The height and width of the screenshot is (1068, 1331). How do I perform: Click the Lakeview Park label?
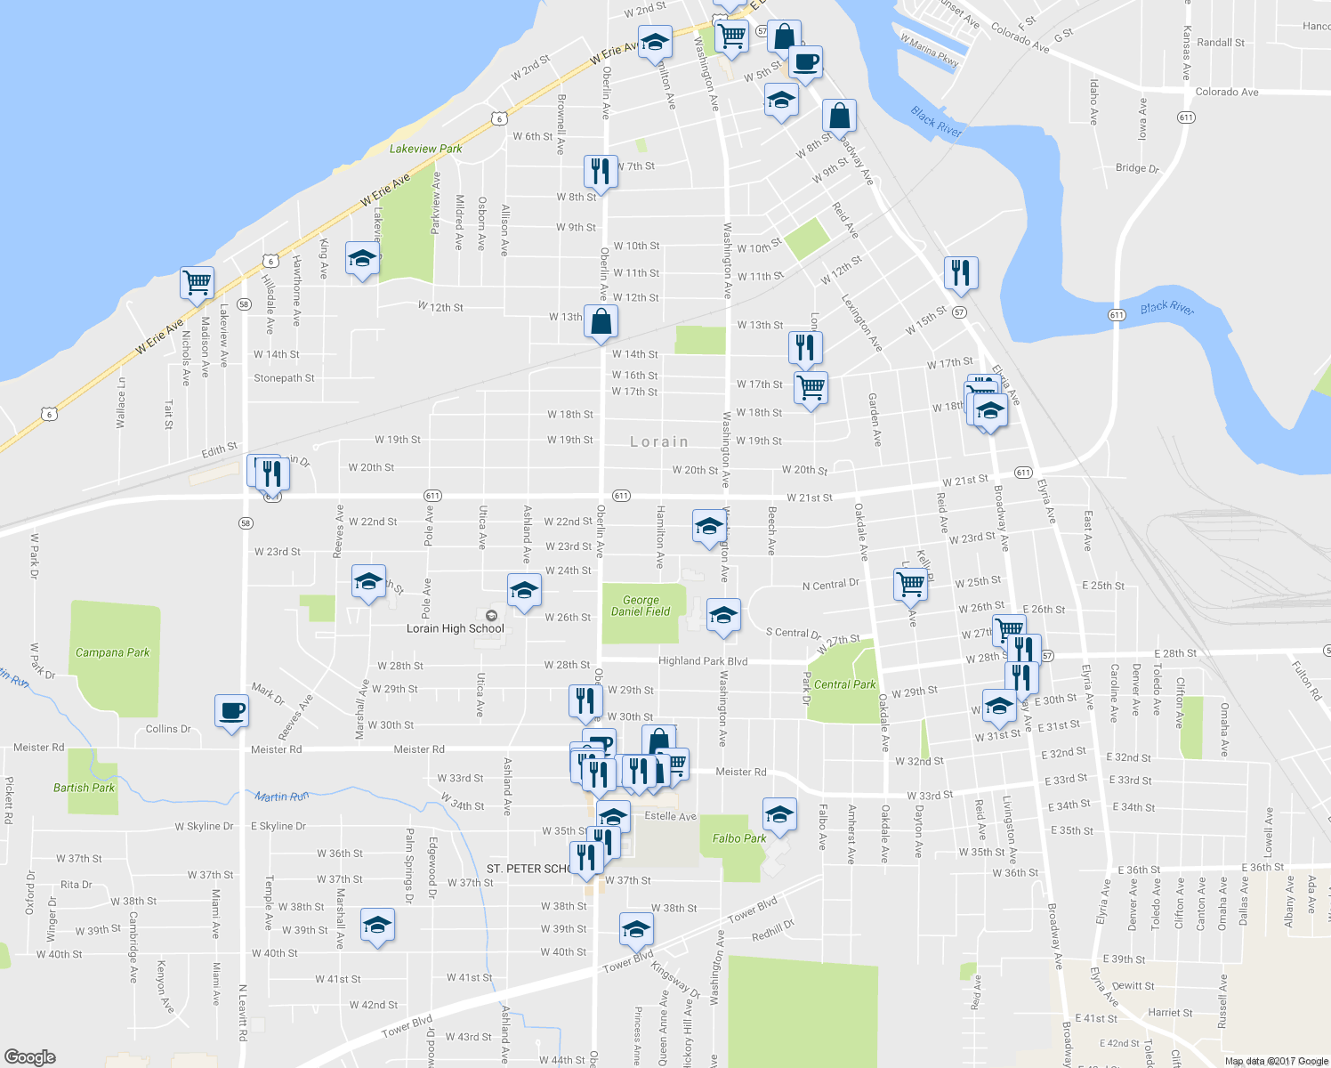point(425,149)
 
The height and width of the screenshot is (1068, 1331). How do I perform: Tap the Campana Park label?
point(112,652)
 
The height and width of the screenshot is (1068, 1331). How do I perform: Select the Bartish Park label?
point(84,788)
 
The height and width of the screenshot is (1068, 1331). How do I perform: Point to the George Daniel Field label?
point(641,606)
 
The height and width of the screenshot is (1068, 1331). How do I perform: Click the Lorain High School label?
point(455,628)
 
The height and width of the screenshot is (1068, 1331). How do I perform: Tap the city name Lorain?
point(659,441)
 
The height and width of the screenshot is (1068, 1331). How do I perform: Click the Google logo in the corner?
point(29,1057)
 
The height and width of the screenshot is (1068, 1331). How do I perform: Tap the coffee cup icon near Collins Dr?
point(231,711)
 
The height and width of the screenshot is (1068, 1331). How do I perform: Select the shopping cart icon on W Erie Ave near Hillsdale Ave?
point(197,282)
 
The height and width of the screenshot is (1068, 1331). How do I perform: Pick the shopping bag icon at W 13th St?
point(601,321)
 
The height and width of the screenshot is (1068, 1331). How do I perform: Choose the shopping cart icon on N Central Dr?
point(910,584)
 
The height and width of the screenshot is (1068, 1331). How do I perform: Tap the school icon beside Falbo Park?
point(779,813)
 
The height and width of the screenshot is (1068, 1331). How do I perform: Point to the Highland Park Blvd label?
point(703,661)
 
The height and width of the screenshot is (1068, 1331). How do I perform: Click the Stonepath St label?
point(284,378)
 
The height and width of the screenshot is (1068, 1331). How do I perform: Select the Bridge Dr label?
point(1137,168)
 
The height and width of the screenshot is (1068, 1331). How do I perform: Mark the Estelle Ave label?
point(670,816)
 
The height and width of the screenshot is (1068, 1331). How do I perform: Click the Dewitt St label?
point(1133,986)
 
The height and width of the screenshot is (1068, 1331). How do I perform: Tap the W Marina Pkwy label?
point(929,51)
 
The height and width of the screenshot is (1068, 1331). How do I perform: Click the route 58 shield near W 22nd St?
point(246,523)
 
